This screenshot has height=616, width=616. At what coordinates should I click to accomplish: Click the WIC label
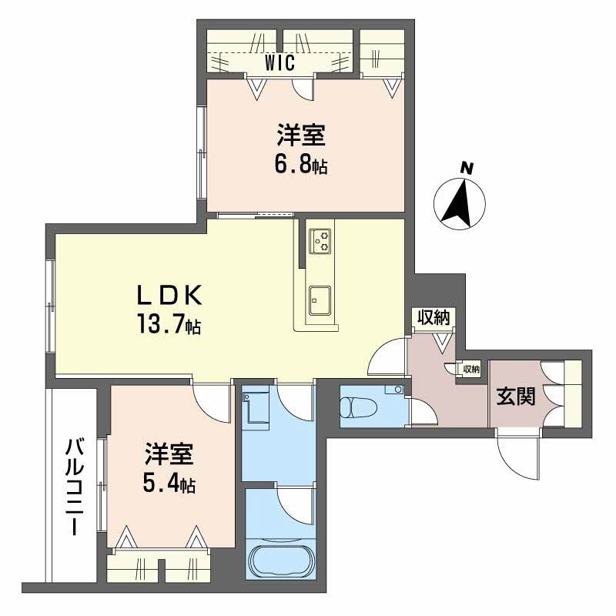pos(280,62)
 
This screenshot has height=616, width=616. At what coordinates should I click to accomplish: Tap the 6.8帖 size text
pos(300,164)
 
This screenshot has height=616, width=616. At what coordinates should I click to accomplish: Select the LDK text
pos(169,296)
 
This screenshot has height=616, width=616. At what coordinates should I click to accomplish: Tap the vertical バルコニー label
pos(75,487)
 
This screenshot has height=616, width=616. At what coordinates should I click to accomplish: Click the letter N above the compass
pos(467,168)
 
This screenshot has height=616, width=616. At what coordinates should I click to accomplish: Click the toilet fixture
pos(358,407)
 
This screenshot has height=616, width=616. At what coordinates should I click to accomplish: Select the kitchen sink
pos(320,300)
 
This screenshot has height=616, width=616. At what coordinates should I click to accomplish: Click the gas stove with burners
pos(320,241)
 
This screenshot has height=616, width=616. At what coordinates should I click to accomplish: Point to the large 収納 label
pos(434,317)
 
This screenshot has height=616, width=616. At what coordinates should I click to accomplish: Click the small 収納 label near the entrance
pos(471,370)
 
